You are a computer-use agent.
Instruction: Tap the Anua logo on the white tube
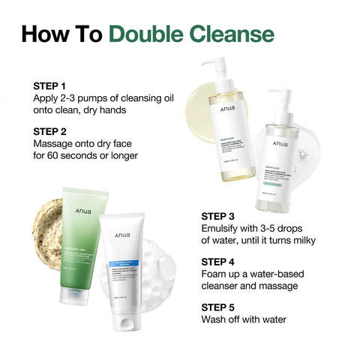(x=125, y=232)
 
